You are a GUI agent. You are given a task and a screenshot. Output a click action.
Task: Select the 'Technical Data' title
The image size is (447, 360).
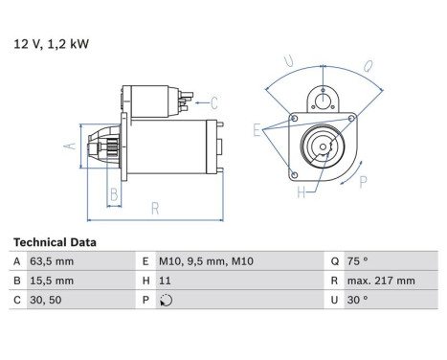[x=55, y=243]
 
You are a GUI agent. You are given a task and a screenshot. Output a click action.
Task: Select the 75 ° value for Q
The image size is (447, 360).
[x=356, y=261]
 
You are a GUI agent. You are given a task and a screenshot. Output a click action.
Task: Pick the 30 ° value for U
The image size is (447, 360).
[x=356, y=299]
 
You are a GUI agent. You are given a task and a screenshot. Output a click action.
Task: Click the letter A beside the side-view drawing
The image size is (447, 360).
[x=68, y=146]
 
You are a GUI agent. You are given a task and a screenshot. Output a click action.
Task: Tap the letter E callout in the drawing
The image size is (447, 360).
[x=257, y=127]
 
